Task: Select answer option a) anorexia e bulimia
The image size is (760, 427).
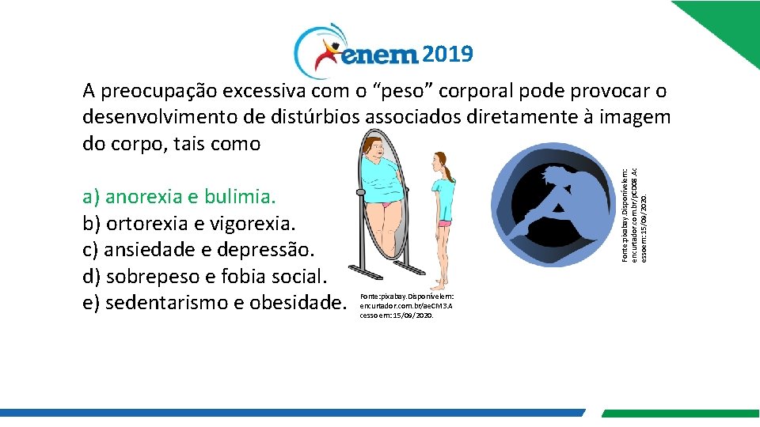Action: (179, 196)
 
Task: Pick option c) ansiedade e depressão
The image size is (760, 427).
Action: (199, 250)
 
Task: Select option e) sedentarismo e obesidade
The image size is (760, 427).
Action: (215, 303)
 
